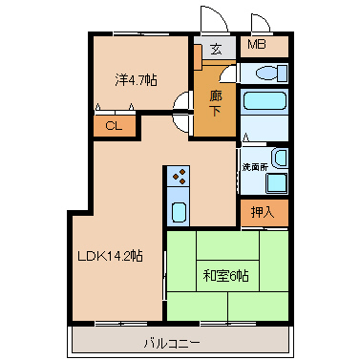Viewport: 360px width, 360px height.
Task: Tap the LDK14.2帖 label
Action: pos(111,256)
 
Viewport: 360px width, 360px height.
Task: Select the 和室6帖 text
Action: pos(226,276)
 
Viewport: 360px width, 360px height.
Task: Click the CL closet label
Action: pos(114,125)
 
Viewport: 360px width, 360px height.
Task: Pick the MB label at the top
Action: pos(258,45)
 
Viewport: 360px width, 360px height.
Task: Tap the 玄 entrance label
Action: pos(217,49)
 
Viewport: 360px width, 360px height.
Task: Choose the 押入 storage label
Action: pos(263,212)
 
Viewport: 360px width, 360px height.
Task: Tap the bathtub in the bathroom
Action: pos(265,102)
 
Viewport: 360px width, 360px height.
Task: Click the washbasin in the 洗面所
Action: pos(278,159)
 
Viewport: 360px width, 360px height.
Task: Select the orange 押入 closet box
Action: pos(263,212)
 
